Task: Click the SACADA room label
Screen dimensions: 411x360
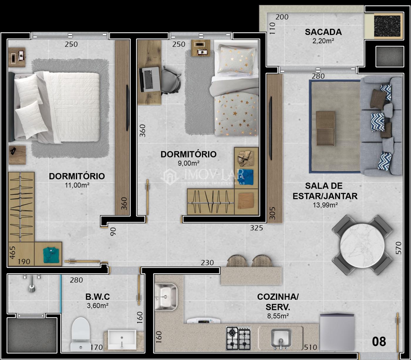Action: [323, 32]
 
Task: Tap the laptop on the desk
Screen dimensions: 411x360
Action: [150, 79]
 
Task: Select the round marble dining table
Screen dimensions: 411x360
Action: [362, 245]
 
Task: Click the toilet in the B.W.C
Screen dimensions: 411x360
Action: [80, 334]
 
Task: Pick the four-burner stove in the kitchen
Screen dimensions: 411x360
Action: [238, 338]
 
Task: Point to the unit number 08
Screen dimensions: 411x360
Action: [379, 341]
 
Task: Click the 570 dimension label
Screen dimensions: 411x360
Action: [398, 248]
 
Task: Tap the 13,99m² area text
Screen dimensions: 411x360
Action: [325, 205]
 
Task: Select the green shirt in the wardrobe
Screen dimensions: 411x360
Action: [51, 255]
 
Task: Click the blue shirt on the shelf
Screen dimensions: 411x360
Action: [246, 177]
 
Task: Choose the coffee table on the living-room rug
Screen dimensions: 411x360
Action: [325, 128]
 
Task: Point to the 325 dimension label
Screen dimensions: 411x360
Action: [256, 228]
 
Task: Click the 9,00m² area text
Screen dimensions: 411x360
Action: [188, 163]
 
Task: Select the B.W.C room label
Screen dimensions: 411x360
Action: [98, 297]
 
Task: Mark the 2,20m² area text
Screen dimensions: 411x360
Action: [323, 41]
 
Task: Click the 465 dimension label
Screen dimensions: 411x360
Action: [12, 252]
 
